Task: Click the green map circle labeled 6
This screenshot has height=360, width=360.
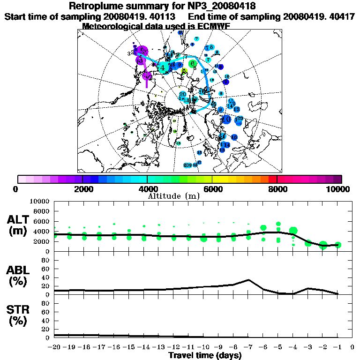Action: pos(192,64)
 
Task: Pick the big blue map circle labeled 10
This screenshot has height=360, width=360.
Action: pos(227,119)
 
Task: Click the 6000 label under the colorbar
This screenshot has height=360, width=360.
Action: pos(212,189)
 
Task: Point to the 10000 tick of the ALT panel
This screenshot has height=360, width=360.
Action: pos(40,201)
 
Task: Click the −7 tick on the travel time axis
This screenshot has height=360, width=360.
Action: pos(248,347)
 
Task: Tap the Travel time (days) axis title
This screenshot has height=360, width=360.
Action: pos(205,355)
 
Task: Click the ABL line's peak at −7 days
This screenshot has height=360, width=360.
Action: pos(248,280)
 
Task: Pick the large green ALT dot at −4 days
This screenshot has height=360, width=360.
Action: pos(293,231)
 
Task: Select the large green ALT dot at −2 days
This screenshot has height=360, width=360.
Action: pos(323,245)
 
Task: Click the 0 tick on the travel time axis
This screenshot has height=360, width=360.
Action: pos(352,347)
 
